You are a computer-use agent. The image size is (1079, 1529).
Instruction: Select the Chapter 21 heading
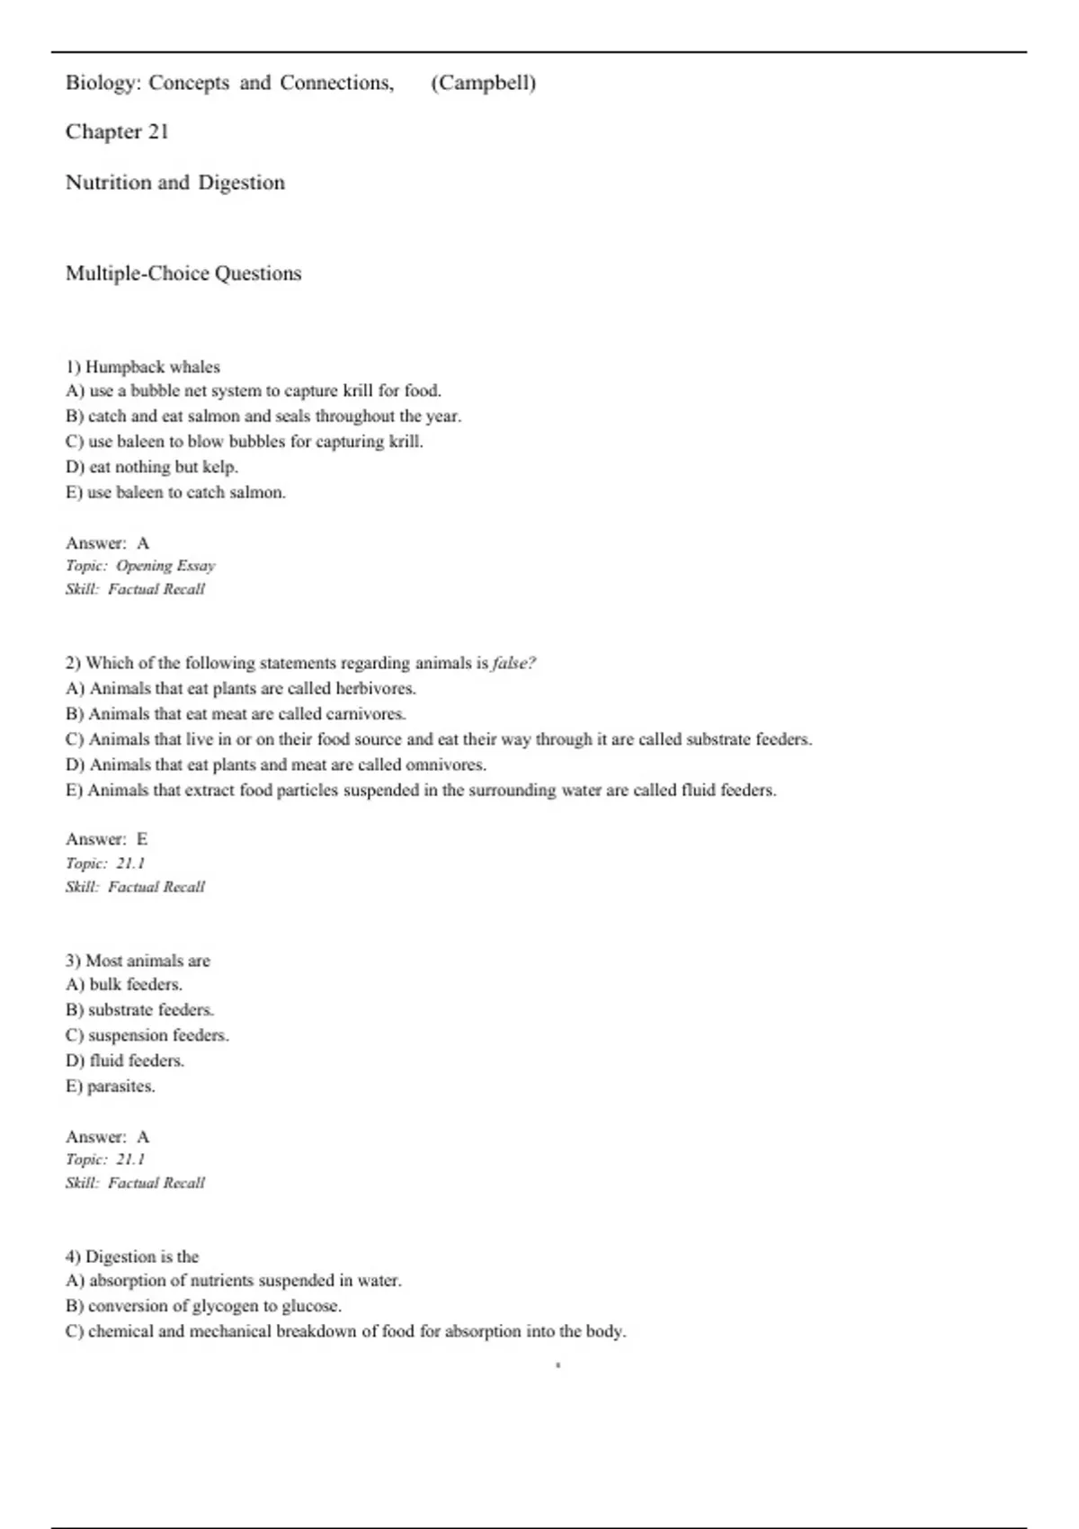click(x=117, y=132)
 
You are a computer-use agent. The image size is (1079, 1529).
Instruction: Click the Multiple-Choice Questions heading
click(x=183, y=273)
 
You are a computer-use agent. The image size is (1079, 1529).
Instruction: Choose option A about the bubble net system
click(x=254, y=391)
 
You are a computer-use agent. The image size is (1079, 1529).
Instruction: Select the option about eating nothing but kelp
click(x=152, y=467)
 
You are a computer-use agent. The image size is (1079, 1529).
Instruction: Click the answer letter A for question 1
click(x=143, y=543)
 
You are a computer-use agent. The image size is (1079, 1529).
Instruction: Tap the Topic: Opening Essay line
click(x=140, y=566)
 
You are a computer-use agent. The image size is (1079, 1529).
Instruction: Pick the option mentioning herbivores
click(x=241, y=688)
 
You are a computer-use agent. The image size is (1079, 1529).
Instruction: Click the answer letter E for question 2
click(x=142, y=839)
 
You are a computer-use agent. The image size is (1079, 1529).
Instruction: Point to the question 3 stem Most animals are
click(x=138, y=961)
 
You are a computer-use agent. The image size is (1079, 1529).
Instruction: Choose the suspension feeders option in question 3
click(x=147, y=1035)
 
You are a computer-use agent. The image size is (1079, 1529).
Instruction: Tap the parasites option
click(x=111, y=1086)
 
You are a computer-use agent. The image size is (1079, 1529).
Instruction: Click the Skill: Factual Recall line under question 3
click(x=135, y=1183)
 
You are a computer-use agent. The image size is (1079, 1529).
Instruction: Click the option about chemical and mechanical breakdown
click(x=346, y=1331)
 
